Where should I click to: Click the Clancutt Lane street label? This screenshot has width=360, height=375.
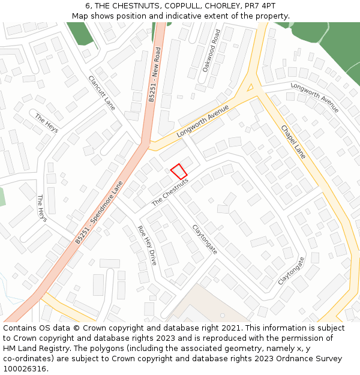tap(101, 92)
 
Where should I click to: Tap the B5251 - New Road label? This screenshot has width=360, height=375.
tap(154, 75)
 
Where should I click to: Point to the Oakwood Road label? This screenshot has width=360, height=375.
tap(211, 50)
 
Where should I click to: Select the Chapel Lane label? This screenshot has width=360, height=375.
tap(293, 142)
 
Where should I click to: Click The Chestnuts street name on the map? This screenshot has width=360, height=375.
tap(170, 192)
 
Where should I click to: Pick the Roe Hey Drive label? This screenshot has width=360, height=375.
tap(147, 245)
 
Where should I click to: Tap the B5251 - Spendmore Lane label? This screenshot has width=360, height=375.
tap(100, 212)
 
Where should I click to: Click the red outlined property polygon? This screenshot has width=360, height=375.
tap(179, 171)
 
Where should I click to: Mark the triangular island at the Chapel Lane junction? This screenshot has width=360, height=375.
tap(250, 88)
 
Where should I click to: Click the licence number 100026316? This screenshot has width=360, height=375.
tap(24, 369)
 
